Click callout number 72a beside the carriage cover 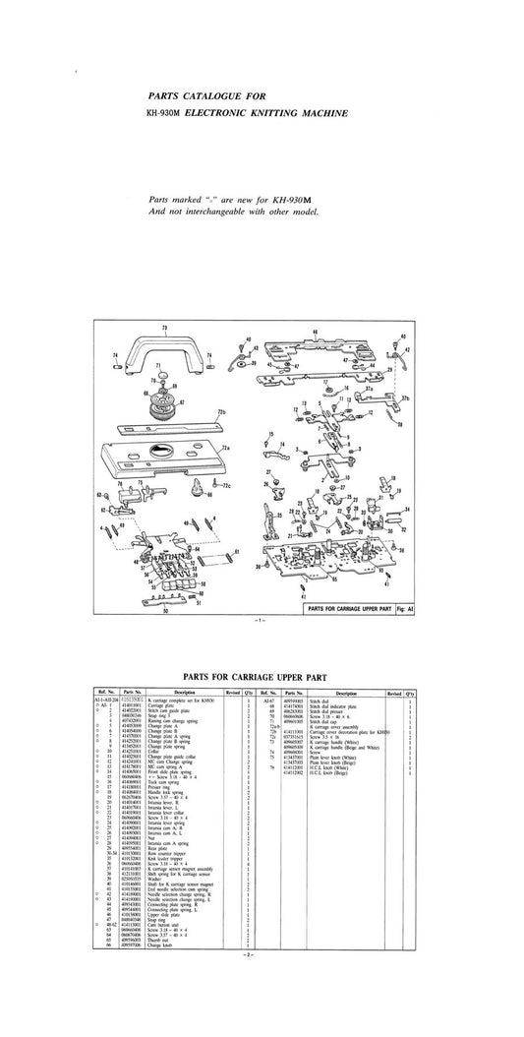225,448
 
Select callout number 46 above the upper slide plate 315,332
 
